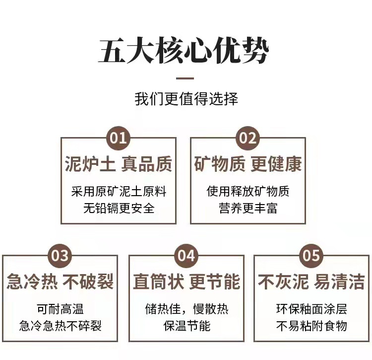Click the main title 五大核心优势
(x=184, y=51)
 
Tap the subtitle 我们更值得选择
(x=186, y=98)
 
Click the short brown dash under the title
(x=186, y=78)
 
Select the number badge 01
(x=118, y=138)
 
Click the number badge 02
(x=248, y=138)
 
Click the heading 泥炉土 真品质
(x=118, y=164)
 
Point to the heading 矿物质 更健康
(x=248, y=164)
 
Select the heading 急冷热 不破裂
(x=60, y=282)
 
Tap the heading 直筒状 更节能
(x=186, y=282)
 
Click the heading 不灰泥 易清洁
(x=311, y=282)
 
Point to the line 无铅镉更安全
(x=119, y=208)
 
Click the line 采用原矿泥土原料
(x=119, y=191)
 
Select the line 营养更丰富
(x=248, y=208)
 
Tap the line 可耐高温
(x=60, y=309)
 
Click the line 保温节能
(x=186, y=326)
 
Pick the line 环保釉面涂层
(x=311, y=309)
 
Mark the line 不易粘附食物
(x=311, y=326)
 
